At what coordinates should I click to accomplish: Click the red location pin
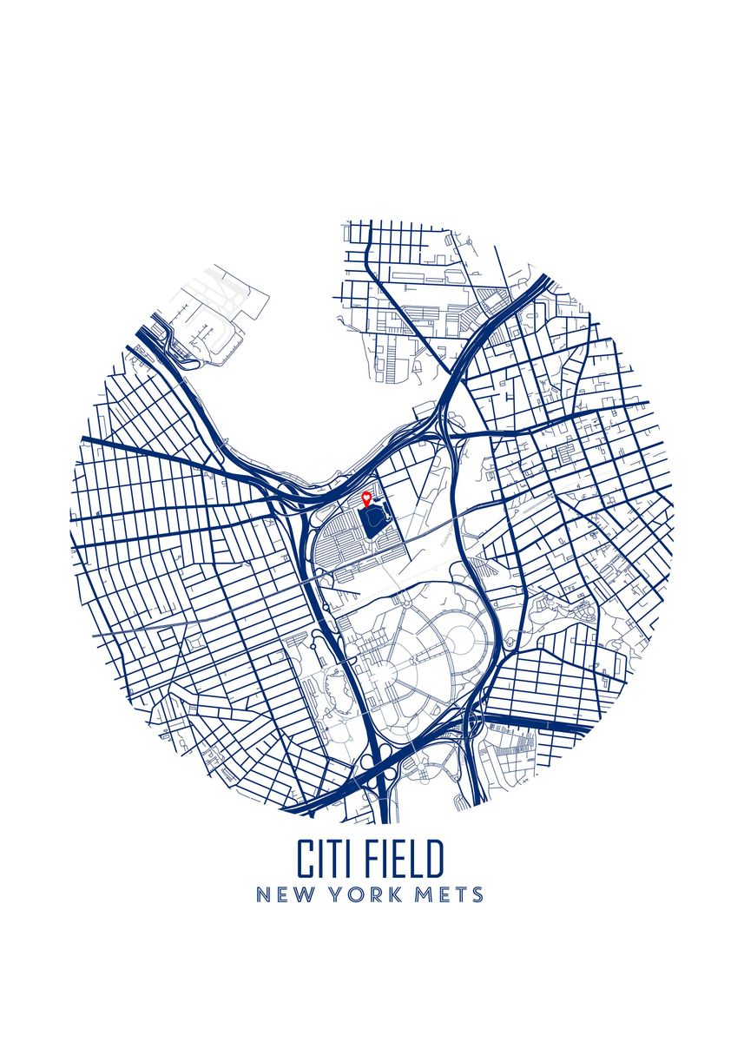[x=366, y=498]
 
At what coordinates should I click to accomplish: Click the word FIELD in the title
[x=405, y=859]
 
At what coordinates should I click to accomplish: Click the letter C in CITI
[x=305, y=859]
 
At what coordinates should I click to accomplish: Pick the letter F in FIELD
[x=372, y=859]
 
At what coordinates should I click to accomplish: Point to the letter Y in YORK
[x=335, y=894]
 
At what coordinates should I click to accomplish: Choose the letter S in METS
[x=477, y=894]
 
